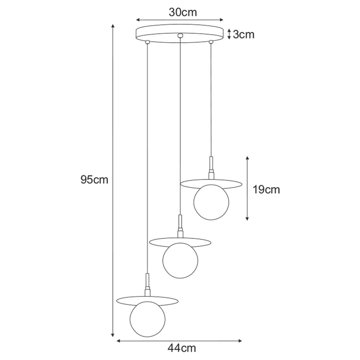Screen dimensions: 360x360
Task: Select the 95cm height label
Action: (x=94, y=180)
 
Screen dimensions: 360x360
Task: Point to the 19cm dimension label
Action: (x=266, y=189)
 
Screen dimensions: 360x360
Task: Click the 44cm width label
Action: (x=182, y=348)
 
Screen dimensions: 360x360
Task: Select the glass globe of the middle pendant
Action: (x=180, y=261)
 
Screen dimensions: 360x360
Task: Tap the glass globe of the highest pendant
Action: (x=211, y=202)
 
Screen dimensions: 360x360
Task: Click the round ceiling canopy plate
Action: (x=180, y=33)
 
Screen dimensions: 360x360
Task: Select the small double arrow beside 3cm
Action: (x=229, y=34)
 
